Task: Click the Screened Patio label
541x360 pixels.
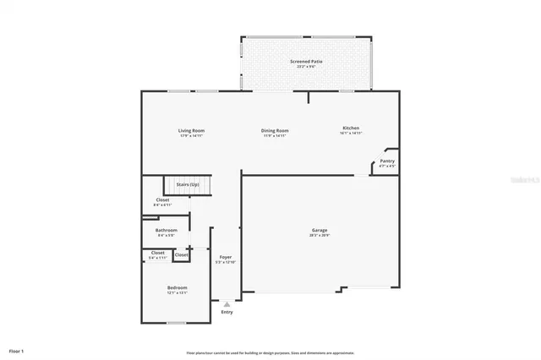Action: [305, 61]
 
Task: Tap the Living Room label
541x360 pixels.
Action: [191, 130]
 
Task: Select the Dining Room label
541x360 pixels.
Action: [275, 130]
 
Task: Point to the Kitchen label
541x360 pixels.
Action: [351, 128]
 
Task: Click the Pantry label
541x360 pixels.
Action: [386, 161]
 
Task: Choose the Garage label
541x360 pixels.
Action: [320, 230]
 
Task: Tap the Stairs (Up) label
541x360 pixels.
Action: [188, 184]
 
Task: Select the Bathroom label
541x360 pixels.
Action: [167, 230]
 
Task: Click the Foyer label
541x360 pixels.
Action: [226, 258]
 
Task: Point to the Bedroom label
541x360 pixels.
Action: [177, 287]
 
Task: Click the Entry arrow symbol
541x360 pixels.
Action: [227, 304]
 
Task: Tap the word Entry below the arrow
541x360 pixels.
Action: [227, 313]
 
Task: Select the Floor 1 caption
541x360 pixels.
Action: [17, 350]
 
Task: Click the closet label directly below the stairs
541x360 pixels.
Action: [162, 200]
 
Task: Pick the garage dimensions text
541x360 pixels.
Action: [320, 235]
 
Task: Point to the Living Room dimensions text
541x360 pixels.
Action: [191, 135]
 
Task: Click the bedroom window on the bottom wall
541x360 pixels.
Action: [176, 323]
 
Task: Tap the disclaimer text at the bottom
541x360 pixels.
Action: [270, 353]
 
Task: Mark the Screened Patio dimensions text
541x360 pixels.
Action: [305, 66]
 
